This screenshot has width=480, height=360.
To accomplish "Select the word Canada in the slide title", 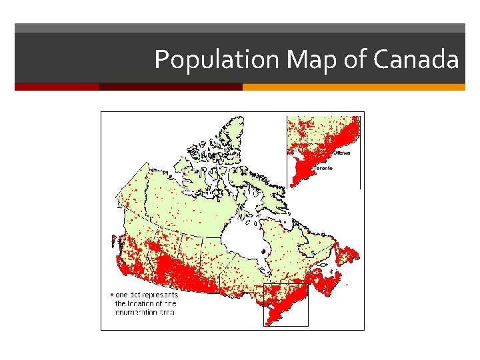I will coord(416,60).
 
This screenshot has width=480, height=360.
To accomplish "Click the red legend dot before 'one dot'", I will coord(111,293).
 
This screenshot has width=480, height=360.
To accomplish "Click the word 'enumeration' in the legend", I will coord(137,311).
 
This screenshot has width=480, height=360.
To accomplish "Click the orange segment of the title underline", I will coord(353,87).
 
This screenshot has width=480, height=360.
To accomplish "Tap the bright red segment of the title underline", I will coord(57,87).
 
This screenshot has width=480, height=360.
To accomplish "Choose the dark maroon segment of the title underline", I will coord(170,87).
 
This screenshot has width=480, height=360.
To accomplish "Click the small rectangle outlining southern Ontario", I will coord(286,305).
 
